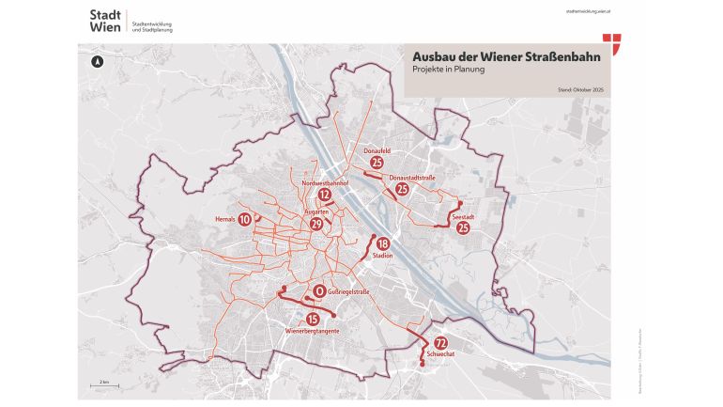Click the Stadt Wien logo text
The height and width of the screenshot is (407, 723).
pos(105,21)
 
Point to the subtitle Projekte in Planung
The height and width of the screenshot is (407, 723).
pos(447,70)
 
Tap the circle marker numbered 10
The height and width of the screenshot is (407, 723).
pos(244,219)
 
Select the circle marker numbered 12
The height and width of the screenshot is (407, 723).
pos(325,196)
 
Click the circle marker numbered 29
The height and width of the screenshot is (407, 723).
pos(316,224)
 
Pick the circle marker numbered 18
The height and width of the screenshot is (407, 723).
pos(382,243)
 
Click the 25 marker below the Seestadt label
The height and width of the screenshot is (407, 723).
pos(462,227)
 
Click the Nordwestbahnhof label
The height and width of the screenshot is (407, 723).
pos(326,182)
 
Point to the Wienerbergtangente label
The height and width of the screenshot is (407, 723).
pos(311,332)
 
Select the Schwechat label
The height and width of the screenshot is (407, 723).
pos(440,354)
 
